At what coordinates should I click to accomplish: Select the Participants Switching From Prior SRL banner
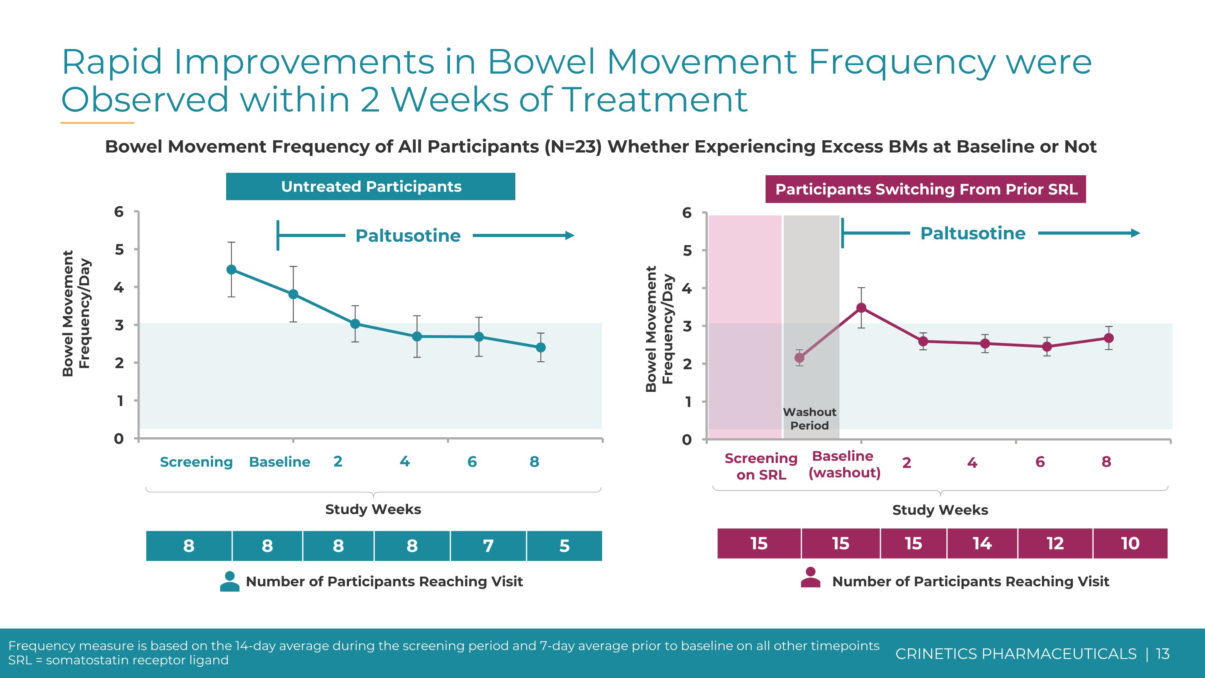click(925, 189)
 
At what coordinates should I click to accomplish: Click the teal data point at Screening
click(231, 270)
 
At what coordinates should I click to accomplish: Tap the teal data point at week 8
click(540, 347)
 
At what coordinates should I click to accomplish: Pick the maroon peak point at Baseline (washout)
click(861, 307)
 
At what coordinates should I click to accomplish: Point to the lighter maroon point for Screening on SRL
click(799, 358)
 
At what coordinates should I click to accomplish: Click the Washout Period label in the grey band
click(809, 418)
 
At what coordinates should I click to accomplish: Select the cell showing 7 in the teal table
click(488, 546)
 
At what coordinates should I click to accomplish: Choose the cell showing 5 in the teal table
click(564, 546)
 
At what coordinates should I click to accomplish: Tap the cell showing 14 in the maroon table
click(982, 543)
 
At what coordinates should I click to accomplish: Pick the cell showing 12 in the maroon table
click(1055, 543)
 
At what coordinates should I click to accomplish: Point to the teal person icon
click(230, 581)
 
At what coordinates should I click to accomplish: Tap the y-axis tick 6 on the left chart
click(119, 211)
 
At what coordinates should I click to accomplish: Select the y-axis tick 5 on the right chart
click(687, 251)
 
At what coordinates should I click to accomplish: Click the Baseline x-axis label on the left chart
click(279, 462)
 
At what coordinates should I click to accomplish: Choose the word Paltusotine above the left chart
click(408, 236)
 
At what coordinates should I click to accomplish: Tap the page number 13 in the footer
click(1162, 653)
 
